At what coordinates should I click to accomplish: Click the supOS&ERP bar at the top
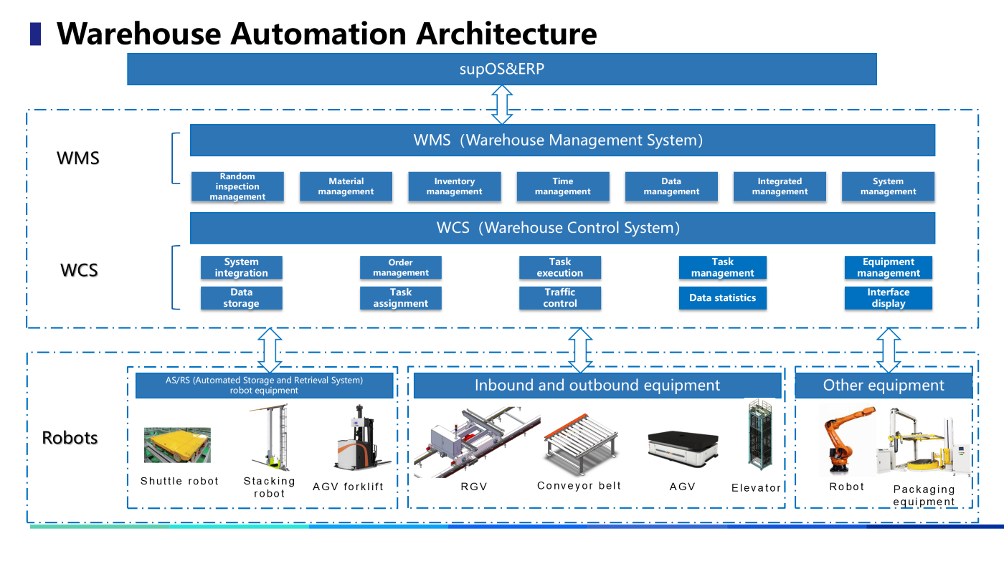(x=502, y=70)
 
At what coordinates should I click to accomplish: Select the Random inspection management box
(x=237, y=186)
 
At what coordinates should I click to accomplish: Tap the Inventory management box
(x=454, y=186)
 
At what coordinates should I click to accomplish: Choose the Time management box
(x=563, y=186)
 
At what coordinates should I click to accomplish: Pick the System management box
(x=888, y=186)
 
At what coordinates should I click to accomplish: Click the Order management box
(x=400, y=267)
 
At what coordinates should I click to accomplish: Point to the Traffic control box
(x=559, y=297)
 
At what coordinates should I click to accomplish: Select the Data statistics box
(x=722, y=297)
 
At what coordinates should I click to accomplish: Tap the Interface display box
(x=888, y=297)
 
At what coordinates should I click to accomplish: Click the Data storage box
(x=241, y=297)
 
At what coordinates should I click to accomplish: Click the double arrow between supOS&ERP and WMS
(x=502, y=105)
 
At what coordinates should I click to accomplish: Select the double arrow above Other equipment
(x=889, y=350)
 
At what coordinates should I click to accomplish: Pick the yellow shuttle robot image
(x=177, y=445)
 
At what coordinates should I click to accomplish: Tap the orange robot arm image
(x=846, y=439)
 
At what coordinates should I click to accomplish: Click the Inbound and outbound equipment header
(x=597, y=386)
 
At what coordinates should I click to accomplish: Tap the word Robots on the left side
(x=70, y=438)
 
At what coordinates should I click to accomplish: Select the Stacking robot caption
(x=269, y=487)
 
